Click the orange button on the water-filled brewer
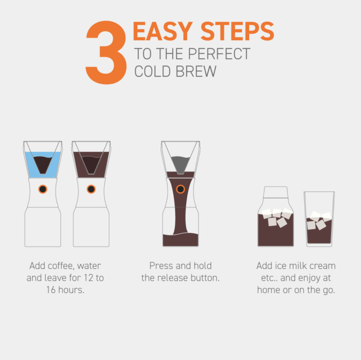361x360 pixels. (x=43, y=189)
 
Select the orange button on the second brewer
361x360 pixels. (x=91, y=189)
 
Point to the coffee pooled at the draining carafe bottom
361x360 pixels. (x=180, y=239)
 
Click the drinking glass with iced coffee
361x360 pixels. (x=319, y=219)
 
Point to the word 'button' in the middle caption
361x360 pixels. (x=204, y=278)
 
